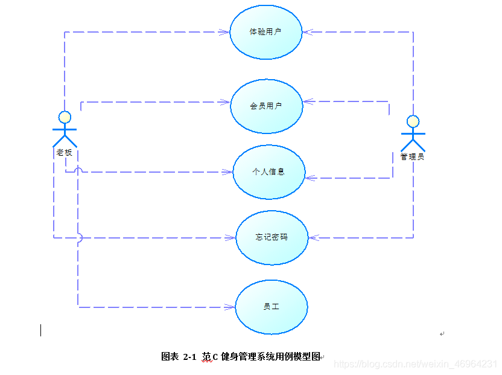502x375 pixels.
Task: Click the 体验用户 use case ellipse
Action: click(x=266, y=31)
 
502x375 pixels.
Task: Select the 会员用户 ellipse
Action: click(x=267, y=106)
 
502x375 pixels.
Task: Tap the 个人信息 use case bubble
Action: click(x=269, y=171)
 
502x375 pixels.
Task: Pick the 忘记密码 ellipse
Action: click(x=272, y=237)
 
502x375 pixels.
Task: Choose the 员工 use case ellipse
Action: click(x=272, y=307)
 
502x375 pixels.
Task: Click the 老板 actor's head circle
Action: click(x=65, y=117)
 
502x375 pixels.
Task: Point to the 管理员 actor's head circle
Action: click(x=413, y=121)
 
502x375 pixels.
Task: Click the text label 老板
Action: click(x=65, y=153)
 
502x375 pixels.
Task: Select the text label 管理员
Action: click(x=412, y=157)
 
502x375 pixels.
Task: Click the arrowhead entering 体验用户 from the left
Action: click(x=226, y=32)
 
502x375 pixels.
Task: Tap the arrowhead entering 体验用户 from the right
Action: click(x=307, y=32)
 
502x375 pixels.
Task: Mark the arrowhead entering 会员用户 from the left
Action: click(x=226, y=102)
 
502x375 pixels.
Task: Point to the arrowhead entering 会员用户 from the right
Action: click(x=307, y=101)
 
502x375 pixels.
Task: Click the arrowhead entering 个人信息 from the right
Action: click(x=310, y=178)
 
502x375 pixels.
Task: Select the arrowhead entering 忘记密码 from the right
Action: click(x=313, y=238)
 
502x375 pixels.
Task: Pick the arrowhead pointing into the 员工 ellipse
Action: click(x=230, y=307)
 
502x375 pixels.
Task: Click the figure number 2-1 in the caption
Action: click(x=189, y=357)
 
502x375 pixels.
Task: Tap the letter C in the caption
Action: click(x=215, y=357)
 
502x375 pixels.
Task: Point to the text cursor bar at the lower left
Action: click(x=41, y=330)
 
